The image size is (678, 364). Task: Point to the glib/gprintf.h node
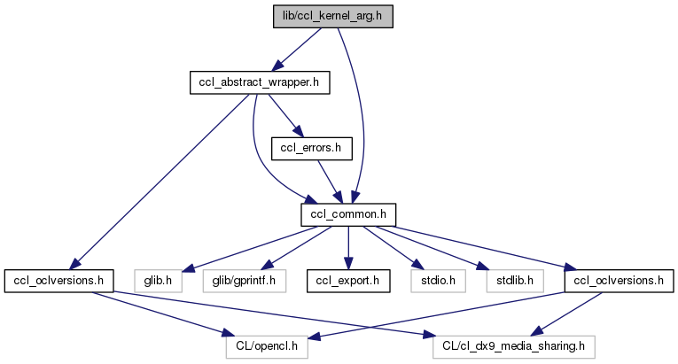pos(245,281)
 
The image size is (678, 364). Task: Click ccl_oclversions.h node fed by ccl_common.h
pos(619,281)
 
